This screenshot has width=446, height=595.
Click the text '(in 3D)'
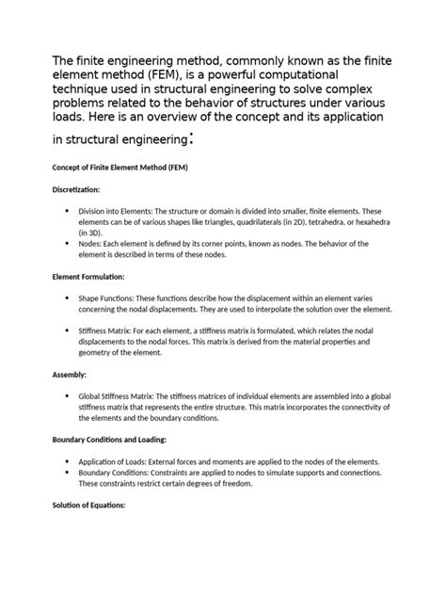pyautogui.click(x=91, y=232)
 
